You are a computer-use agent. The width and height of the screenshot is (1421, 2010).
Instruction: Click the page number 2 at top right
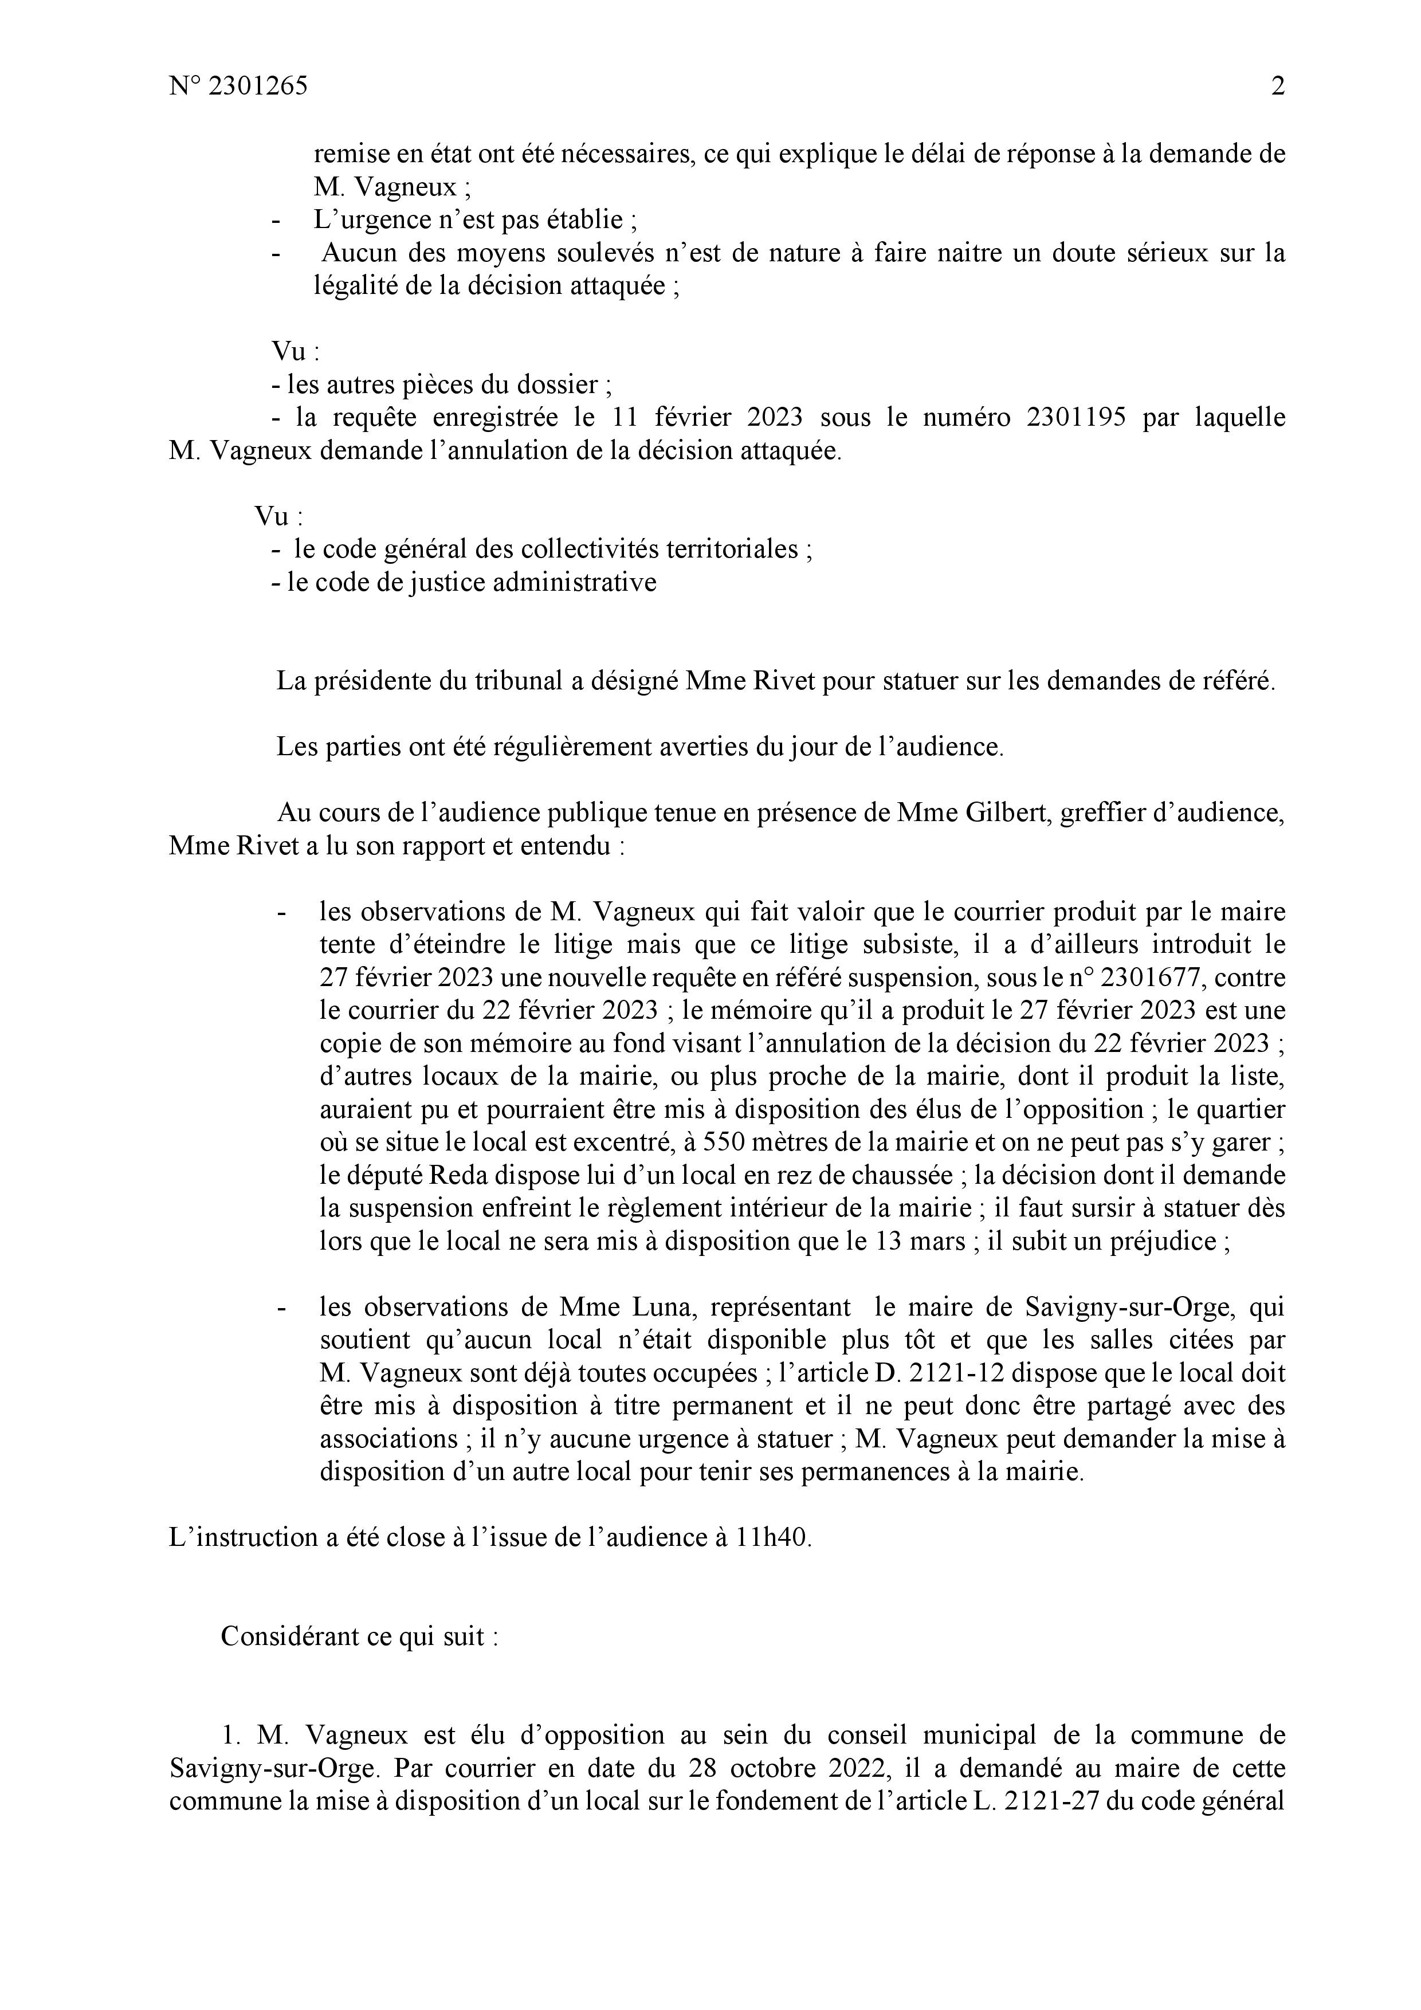(1277, 87)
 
